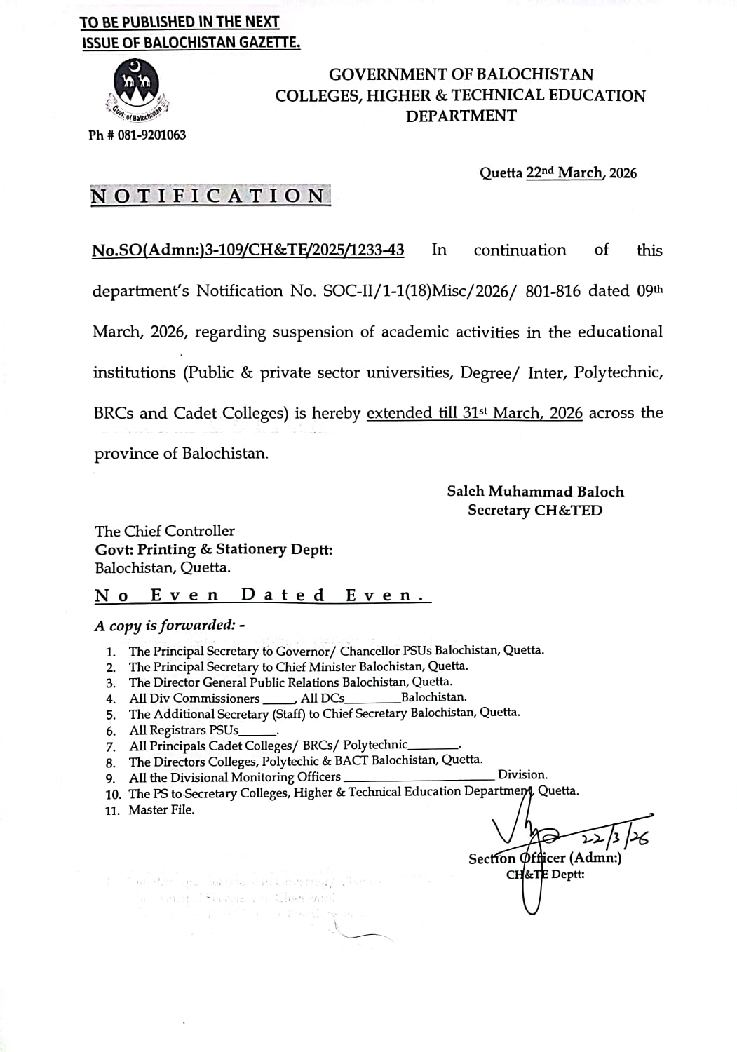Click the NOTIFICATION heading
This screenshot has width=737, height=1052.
pyautogui.click(x=209, y=196)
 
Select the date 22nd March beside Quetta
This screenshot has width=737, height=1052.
pyautogui.click(x=564, y=173)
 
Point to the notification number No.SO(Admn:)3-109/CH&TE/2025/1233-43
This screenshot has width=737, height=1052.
pyautogui.click(x=248, y=250)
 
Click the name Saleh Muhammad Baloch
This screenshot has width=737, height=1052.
pyautogui.click(x=535, y=492)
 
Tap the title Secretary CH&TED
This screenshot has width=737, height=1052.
pyautogui.click(x=534, y=511)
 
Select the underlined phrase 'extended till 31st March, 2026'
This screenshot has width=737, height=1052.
pyautogui.click(x=474, y=413)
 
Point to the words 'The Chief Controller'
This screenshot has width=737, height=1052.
pyautogui.click(x=165, y=531)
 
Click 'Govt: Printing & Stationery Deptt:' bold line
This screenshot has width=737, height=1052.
pyautogui.click(x=214, y=549)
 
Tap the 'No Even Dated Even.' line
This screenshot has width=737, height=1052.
pyautogui.click(x=262, y=596)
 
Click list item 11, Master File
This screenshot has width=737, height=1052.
pyautogui.click(x=161, y=810)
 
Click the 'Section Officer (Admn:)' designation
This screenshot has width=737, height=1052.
pyautogui.click(x=545, y=858)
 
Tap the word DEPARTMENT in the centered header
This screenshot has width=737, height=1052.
pyautogui.click(x=461, y=116)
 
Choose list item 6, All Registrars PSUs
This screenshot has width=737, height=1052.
pyautogui.click(x=184, y=730)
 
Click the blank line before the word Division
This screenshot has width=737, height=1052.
pyautogui.click(x=419, y=777)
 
